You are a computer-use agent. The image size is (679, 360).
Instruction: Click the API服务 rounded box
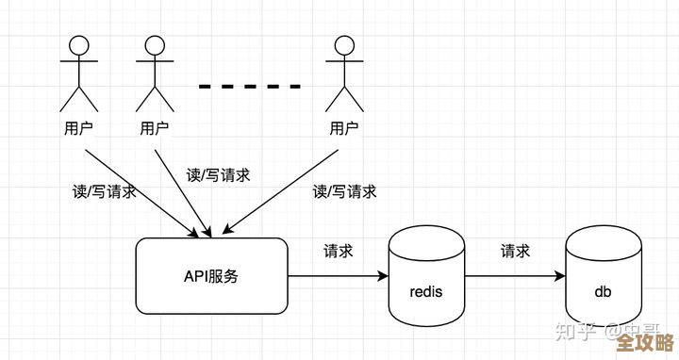click(211, 276)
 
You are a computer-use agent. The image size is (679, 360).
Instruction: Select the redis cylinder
click(426, 279)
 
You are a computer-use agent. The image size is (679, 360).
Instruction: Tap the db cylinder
click(603, 279)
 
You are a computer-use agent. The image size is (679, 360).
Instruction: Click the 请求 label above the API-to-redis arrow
click(339, 252)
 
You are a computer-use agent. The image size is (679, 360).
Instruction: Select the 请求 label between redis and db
click(515, 252)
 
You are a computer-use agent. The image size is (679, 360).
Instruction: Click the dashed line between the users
click(250, 87)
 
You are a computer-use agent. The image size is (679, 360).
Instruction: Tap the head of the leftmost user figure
click(77, 44)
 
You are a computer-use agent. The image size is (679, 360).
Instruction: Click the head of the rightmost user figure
click(343, 44)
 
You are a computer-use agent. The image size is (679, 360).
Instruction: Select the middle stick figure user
click(155, 75)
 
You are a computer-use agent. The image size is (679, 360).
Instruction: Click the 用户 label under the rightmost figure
click(343, 128)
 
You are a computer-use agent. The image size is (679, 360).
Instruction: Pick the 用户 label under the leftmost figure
click(77, 128)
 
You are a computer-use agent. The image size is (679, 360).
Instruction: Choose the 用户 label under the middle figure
click(155, 128)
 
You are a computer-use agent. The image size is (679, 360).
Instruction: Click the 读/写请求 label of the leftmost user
click(105, 191)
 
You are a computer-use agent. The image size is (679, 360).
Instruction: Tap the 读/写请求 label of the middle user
click(218, 174)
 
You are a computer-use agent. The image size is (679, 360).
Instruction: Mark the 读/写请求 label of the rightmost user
click(344, 191)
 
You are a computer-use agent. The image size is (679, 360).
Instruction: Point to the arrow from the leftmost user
click(141, 188)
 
